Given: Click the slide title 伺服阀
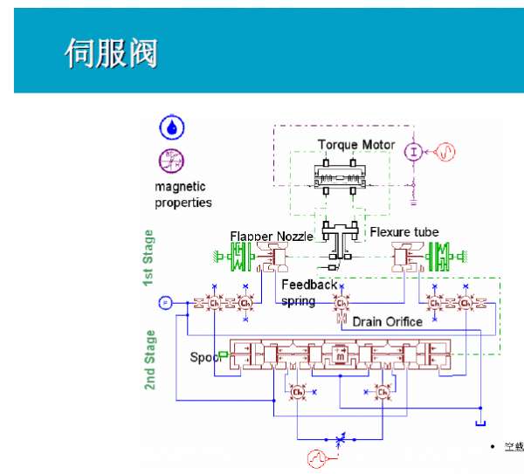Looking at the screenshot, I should tap(111, 52).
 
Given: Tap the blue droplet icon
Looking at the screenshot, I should tap(171, 127).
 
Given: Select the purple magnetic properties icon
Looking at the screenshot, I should tap(171, 160).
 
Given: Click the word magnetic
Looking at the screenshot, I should tap(180, 186).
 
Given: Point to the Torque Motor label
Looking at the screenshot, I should tap(355, 144).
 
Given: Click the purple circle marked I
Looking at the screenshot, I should tap(411, 151).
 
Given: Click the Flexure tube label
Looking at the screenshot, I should tap(403, 231).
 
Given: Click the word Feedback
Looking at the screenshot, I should tap(308, 285).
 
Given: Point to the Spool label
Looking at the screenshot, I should tap(203, 357).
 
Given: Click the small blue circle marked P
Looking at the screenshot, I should tap(165, 302).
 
